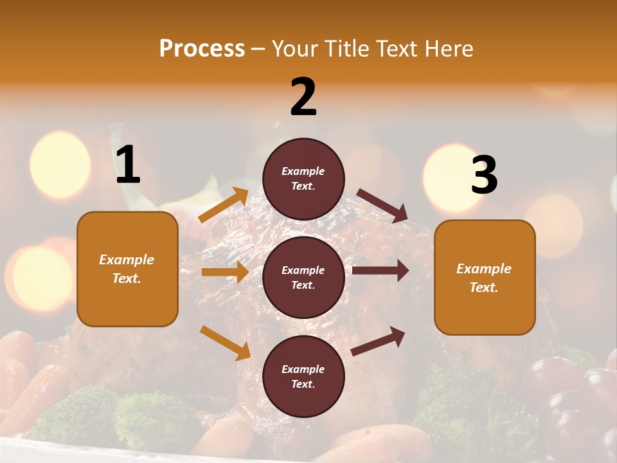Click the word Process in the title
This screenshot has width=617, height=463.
[x=202, y=48]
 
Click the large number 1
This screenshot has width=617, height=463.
[x=128, y=165]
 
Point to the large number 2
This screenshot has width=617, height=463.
[x=303, y=97]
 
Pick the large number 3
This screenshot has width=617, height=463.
[x=484, y=175]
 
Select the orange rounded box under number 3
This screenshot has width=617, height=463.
[x=485, y=309]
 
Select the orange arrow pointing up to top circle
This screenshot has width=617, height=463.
[x=224, y=205]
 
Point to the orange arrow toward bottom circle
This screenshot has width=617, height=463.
[x=225, y=342]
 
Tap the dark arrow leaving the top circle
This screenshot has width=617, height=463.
[x=382, y=205]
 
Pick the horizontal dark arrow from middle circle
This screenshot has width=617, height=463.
[x=380, y=271]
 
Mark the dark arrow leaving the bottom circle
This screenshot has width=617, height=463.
[x=378, y=341]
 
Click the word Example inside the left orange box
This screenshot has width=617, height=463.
[x=127, y=260]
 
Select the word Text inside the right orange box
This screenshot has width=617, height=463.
[x=484, y=287]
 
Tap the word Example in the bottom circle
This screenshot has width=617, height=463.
[x=303, y=369]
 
